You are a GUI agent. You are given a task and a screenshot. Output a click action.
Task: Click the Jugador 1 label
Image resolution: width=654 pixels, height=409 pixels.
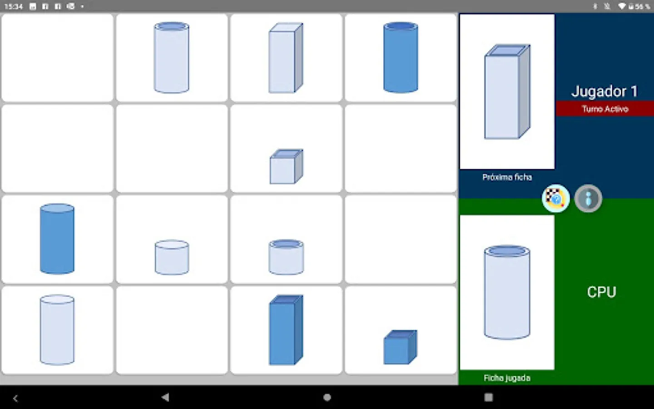(604, 91)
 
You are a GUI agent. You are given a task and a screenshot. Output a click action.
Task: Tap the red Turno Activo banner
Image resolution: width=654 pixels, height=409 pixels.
(605, 109)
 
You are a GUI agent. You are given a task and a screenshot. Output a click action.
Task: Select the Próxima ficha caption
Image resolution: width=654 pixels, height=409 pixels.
(507, 177)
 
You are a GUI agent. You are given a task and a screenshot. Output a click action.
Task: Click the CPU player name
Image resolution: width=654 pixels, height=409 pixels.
(601, 292)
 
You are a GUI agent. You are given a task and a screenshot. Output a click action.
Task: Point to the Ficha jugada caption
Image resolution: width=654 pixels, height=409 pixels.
(507, 378)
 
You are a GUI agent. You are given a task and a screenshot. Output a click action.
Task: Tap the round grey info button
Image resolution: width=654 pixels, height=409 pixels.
(588, 199)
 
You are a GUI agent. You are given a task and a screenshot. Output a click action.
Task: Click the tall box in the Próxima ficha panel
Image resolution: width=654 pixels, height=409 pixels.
(507, 91)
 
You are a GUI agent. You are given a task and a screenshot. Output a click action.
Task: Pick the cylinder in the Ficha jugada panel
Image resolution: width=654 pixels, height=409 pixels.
(507, 292)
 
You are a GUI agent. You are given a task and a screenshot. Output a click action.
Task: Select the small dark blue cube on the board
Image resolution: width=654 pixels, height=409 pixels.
(400, 347)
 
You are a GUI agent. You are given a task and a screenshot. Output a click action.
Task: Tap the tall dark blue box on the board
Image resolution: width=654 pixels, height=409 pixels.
(286, 330)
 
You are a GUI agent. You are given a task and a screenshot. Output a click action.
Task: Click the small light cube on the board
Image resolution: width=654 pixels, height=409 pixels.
(287, 166)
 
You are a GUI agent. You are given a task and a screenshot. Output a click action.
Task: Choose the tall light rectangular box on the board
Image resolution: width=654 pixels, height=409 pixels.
(286, 58)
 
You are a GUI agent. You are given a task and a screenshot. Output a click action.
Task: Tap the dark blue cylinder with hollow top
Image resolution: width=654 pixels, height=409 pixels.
(401, 57)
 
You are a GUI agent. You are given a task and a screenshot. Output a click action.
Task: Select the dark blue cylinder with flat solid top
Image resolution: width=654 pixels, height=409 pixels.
(57, 239)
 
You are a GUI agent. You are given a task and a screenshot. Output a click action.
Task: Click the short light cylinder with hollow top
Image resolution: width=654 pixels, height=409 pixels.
(286, 257)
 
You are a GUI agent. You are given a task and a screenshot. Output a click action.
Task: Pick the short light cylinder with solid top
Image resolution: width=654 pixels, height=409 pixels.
(172, 257)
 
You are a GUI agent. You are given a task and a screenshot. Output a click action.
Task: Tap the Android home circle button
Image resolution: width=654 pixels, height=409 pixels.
(327, 397)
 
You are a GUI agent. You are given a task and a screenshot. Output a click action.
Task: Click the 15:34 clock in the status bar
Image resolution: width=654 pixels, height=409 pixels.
(14, 6)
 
